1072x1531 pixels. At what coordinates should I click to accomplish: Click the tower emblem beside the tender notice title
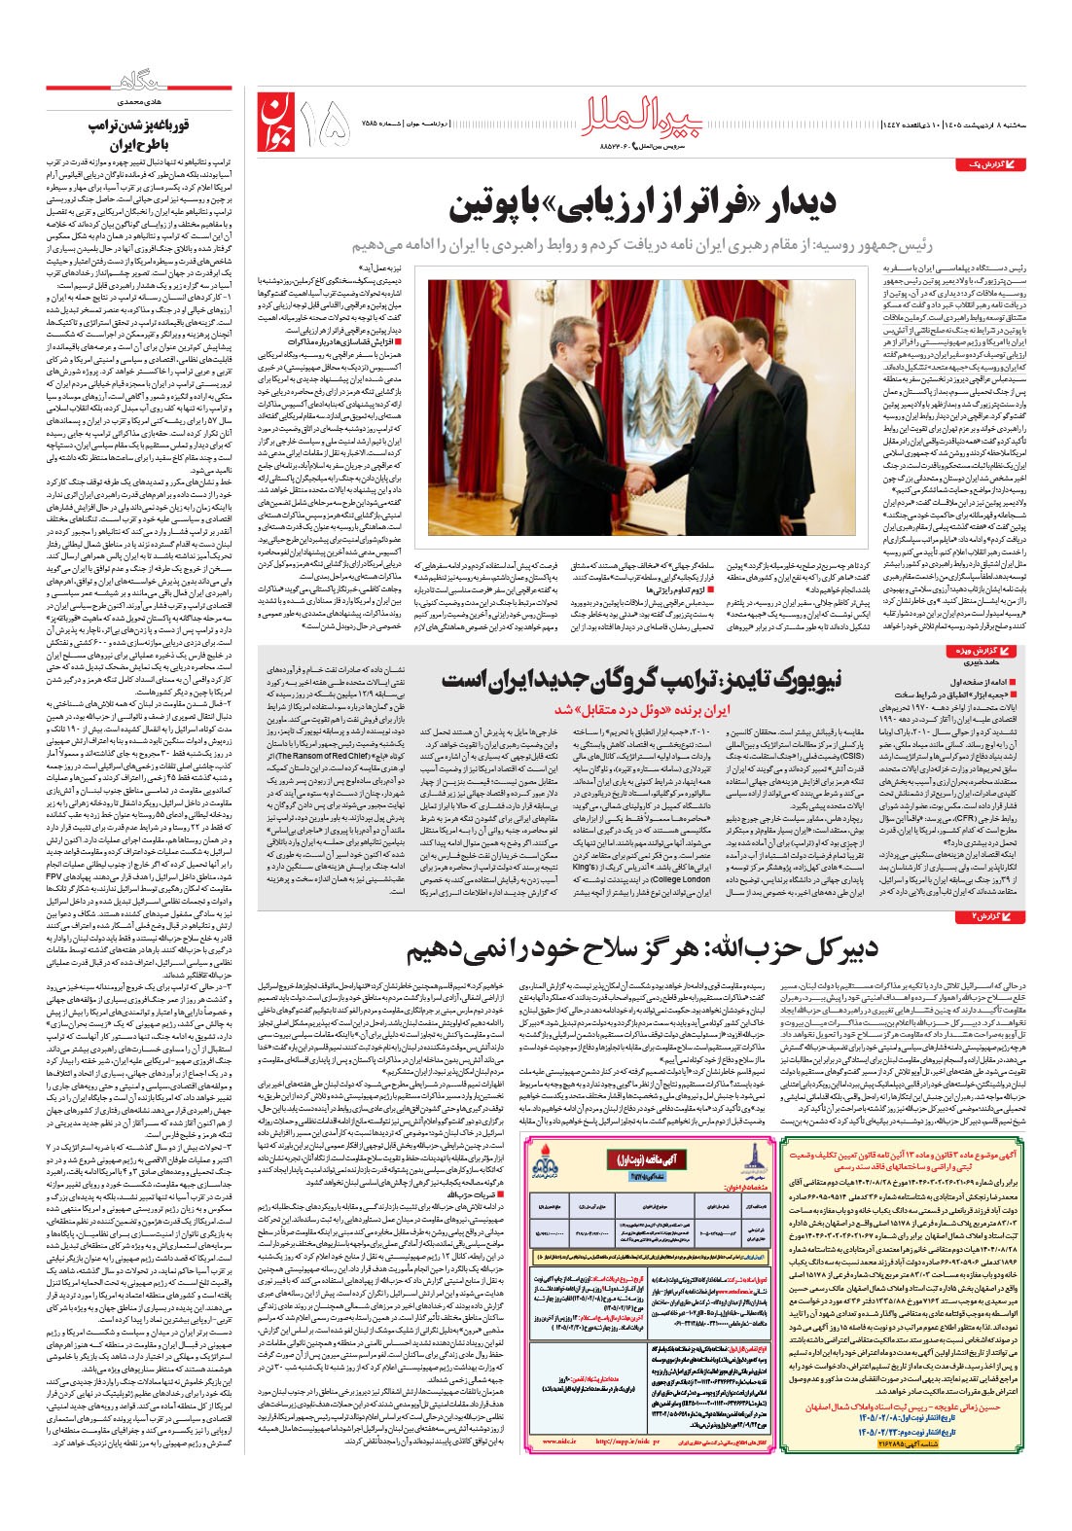click(747, 1161)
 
